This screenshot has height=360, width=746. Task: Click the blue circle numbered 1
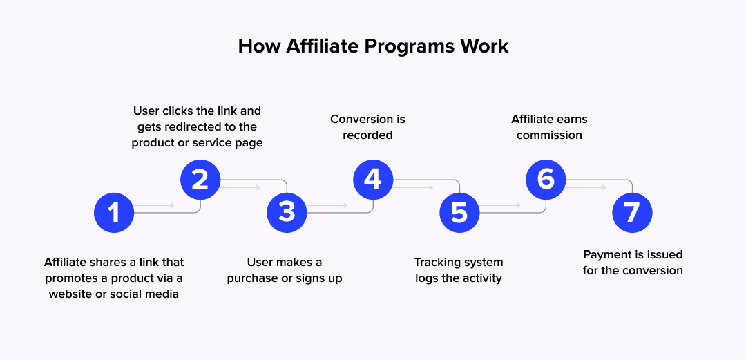pyautogui.click(x=114, y=213)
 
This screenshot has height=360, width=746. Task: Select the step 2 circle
pyautogui.click(x=200, y=180)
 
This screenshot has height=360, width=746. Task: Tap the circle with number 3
pyautogui.click(x=287, y=213)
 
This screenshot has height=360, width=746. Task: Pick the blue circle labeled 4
pyautogui.click(x=373, y=180)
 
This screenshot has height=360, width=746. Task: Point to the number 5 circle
pyautogui.click(x=459, y=213)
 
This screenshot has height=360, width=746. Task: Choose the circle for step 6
pyautogui.click(x=546, y=180)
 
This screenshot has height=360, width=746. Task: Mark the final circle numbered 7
pyautogui.click(x=632, y=213)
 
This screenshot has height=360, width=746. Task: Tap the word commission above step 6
pyautogui.click(x=549, y=135)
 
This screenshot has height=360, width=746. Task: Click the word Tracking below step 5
pyautogui.click(x=437, y=263)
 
